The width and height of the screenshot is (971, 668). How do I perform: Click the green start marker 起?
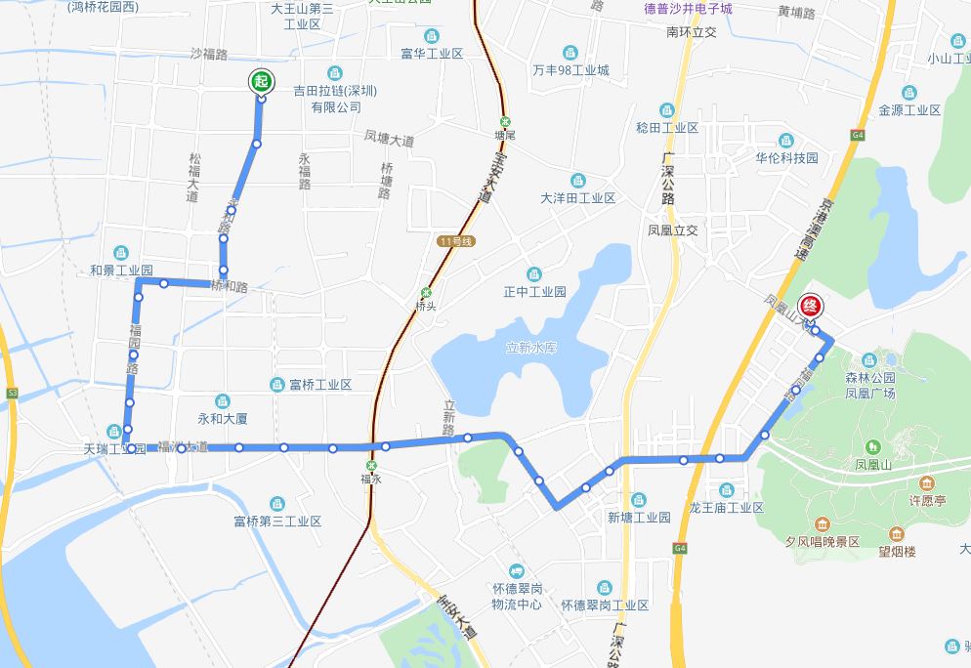coord(261,82)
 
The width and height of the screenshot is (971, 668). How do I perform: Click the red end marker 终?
coord(810,305)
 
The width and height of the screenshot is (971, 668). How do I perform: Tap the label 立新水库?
coord(531,348)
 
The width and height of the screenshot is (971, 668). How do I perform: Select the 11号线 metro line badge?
coord(455,240)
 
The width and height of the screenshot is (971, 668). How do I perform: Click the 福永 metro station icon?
coord(370,466)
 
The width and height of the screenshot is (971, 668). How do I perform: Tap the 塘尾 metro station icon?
coord(504,122)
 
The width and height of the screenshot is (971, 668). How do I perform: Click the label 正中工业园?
coord(535,292)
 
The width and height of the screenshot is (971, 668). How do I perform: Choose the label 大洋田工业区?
coord(578,198)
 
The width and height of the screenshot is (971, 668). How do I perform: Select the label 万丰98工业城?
coord(571,70)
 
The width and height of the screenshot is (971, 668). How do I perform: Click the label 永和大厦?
coord(223,418)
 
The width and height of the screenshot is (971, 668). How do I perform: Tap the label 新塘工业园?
coord(639,517)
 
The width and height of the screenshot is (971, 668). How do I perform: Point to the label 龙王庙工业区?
coord(726,508)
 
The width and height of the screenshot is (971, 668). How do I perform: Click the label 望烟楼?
coord(897,551)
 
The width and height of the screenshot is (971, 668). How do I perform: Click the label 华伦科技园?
coord(785,157)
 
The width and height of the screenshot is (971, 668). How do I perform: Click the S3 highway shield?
coord(12,393)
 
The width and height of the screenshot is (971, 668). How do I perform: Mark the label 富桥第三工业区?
coord(277,522)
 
